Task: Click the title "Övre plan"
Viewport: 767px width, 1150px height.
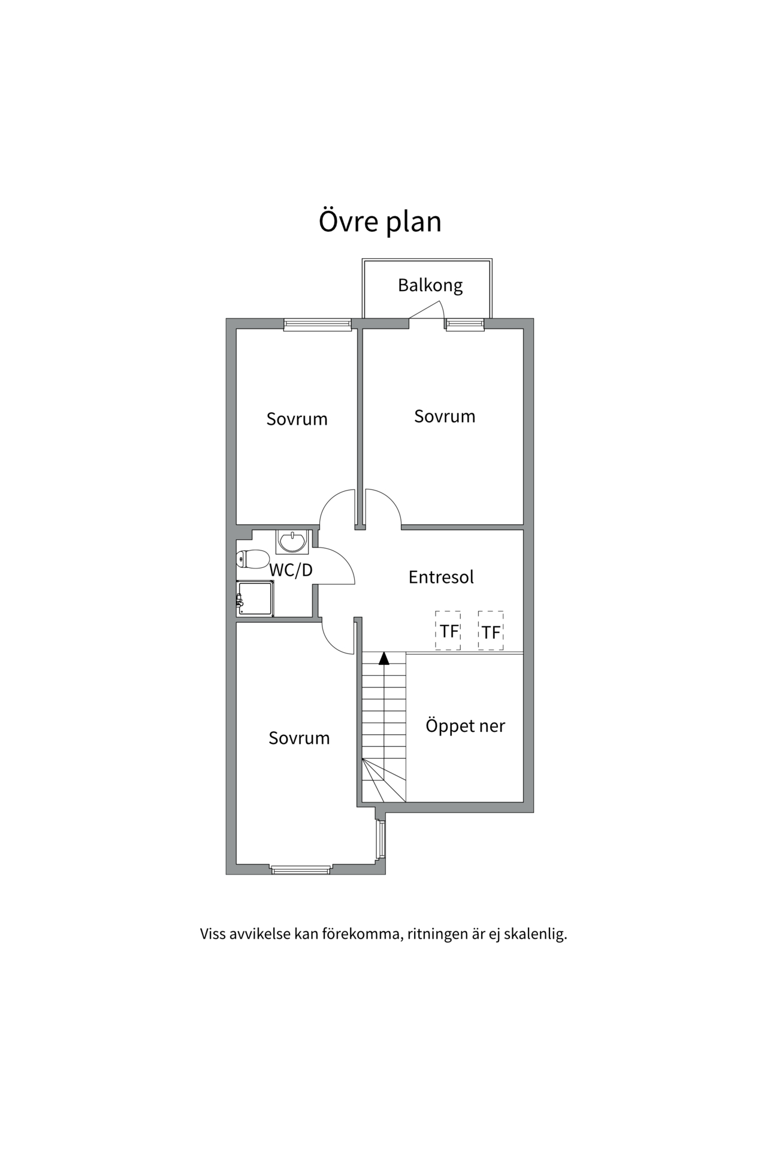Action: click(x=380, y=221)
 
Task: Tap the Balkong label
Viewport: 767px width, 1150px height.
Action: click(x=430, y=285)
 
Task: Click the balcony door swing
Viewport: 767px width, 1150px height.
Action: click(x=427, y=310)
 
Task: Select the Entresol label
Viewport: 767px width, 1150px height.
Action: click(x=441, y=577)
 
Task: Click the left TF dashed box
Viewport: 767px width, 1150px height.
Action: click(x=448, y=631)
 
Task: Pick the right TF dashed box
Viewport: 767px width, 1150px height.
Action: click(x=491, y=631)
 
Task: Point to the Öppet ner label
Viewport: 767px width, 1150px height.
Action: click(x=465, y=726)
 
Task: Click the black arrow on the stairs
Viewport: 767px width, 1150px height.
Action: click(x=384, y=658)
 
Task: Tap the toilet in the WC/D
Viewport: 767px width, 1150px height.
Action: click(x=252, y=559)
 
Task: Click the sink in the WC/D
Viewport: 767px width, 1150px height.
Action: click(x=292, y=541)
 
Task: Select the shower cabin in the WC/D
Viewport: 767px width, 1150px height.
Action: click(x=255, y=598)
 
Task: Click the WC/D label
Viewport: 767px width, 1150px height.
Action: click(x=291, y=570)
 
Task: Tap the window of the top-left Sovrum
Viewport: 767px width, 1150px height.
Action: click(x=317, y=325)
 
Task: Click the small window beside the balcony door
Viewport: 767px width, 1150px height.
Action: click(x=464, y=325)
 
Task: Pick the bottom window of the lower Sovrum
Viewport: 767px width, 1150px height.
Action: click(x=301, y=869)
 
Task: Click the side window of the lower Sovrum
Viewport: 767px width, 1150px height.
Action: click(x=380, y=839)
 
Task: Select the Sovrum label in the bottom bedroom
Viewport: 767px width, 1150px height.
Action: click(x=299, y=738)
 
